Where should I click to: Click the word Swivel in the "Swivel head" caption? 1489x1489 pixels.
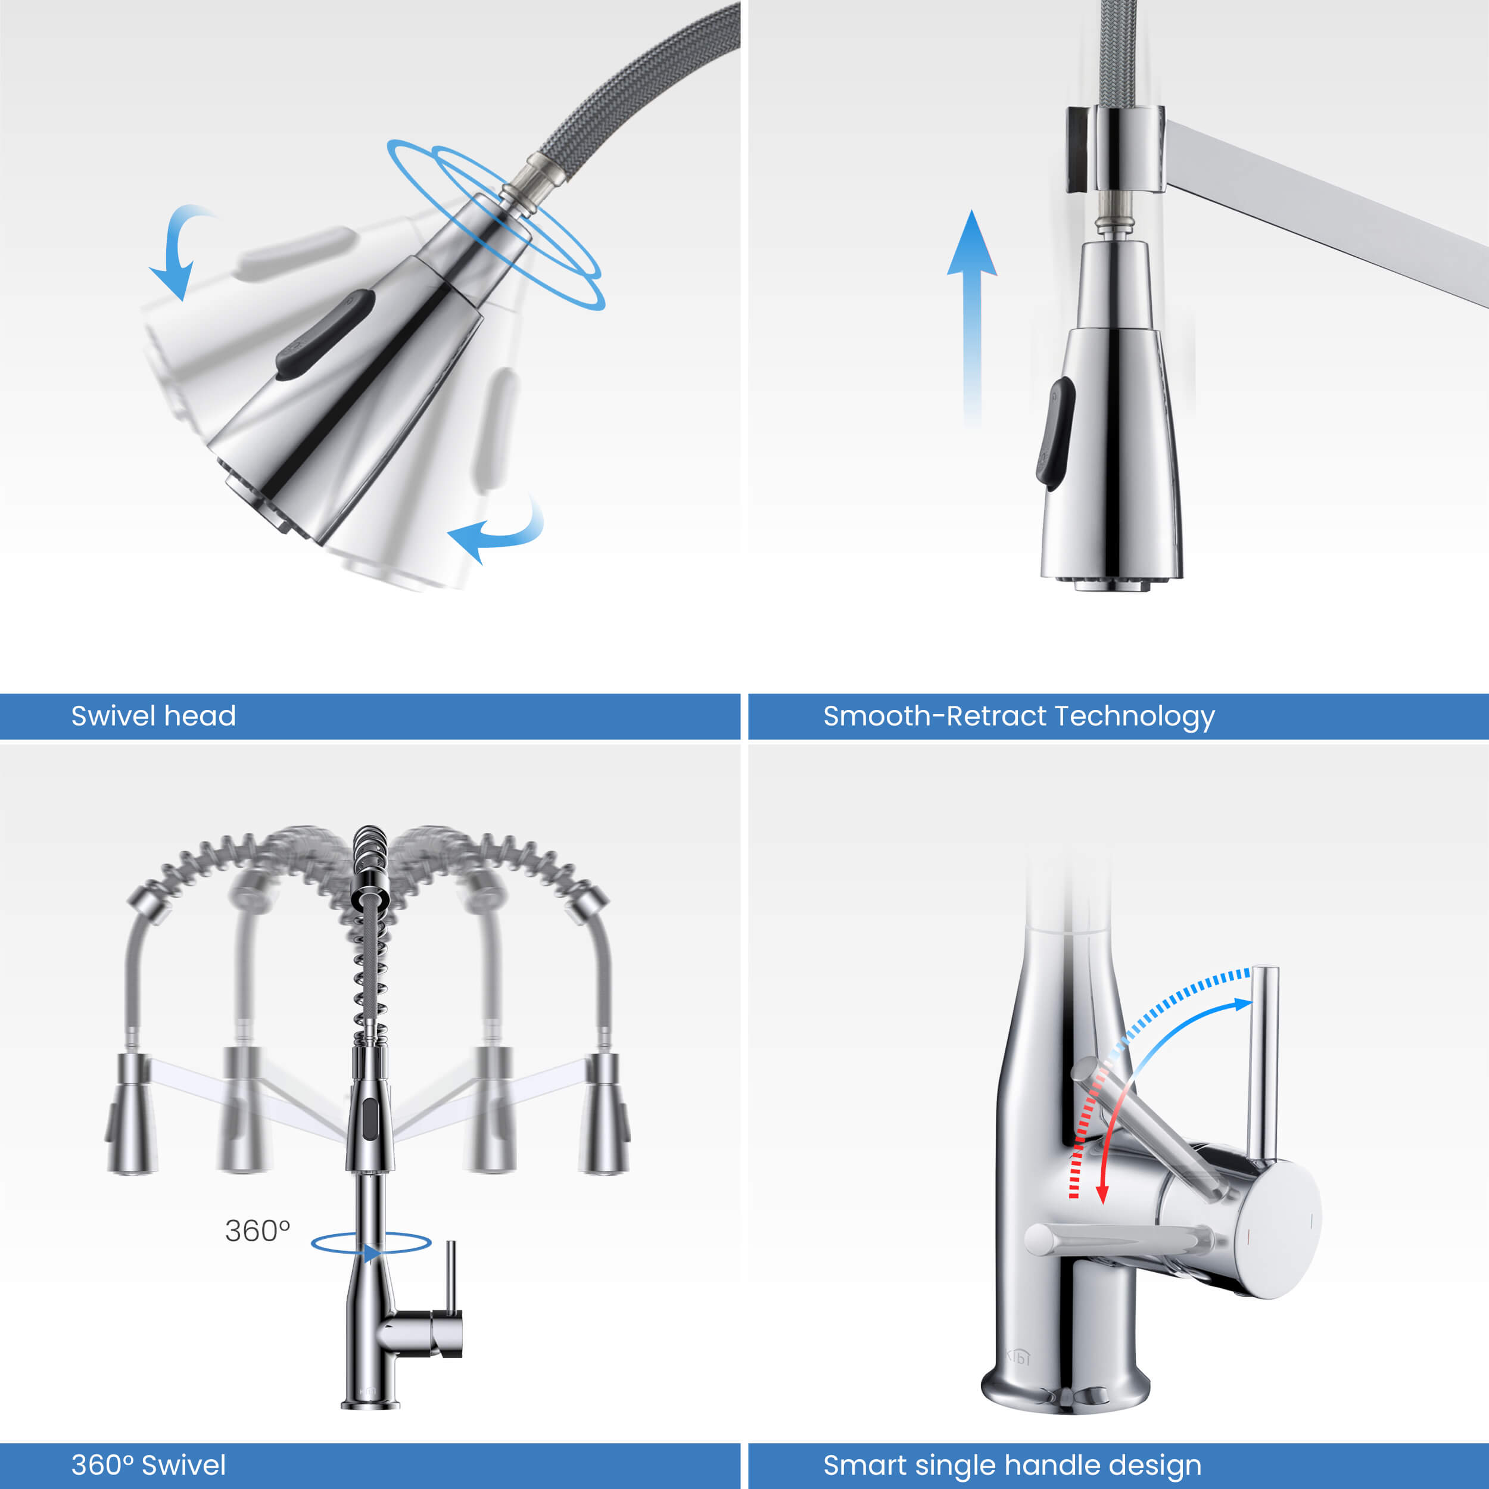113,715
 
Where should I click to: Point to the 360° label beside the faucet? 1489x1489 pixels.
257,1231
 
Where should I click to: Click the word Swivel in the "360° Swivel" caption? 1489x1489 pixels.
184,1465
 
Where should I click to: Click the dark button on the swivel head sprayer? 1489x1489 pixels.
325,334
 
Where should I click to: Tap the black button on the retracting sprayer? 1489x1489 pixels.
1055,433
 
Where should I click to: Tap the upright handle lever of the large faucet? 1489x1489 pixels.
1264,1064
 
